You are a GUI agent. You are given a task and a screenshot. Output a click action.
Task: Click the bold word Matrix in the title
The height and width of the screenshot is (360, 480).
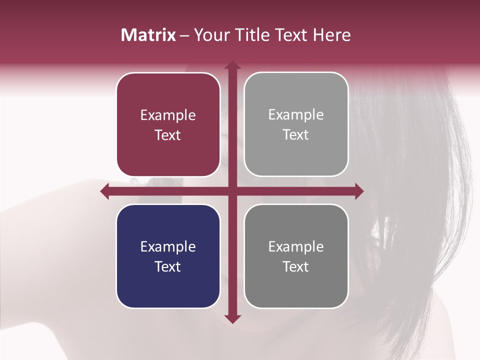(148, 35)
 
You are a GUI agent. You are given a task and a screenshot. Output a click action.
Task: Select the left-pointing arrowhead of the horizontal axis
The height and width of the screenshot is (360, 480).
(105, 191)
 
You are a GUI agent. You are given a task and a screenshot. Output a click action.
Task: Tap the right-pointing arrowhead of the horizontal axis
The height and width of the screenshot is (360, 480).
(358, 191)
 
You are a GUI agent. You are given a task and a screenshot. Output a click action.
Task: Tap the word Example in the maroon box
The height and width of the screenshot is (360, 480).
(168, 115)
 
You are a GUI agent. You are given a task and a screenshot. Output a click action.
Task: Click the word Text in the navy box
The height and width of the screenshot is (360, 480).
(168, 266)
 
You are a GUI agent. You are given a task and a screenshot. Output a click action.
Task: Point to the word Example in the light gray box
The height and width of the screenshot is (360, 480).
(296, 115)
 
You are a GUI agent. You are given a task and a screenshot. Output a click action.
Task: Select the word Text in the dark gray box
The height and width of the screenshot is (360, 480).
(296, 266)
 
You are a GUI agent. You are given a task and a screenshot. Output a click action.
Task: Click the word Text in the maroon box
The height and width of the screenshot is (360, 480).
(168, 135)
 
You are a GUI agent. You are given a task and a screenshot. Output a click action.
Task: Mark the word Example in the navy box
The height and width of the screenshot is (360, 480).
(168, 246)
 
